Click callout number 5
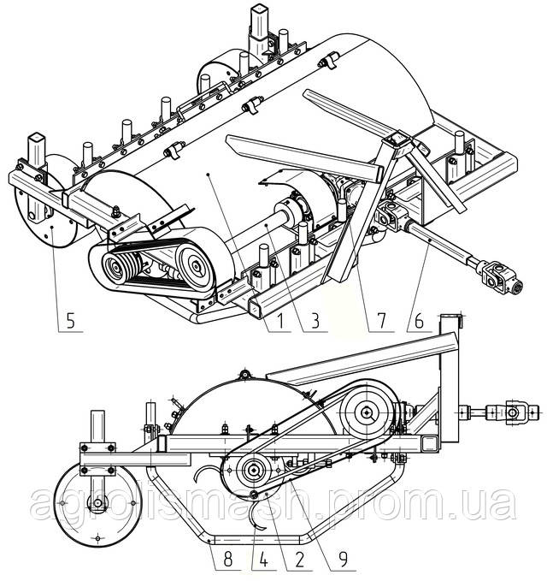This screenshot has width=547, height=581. [71, 323]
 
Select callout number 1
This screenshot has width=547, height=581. [273, 323]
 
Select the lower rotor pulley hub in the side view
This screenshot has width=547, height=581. [254, 471]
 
